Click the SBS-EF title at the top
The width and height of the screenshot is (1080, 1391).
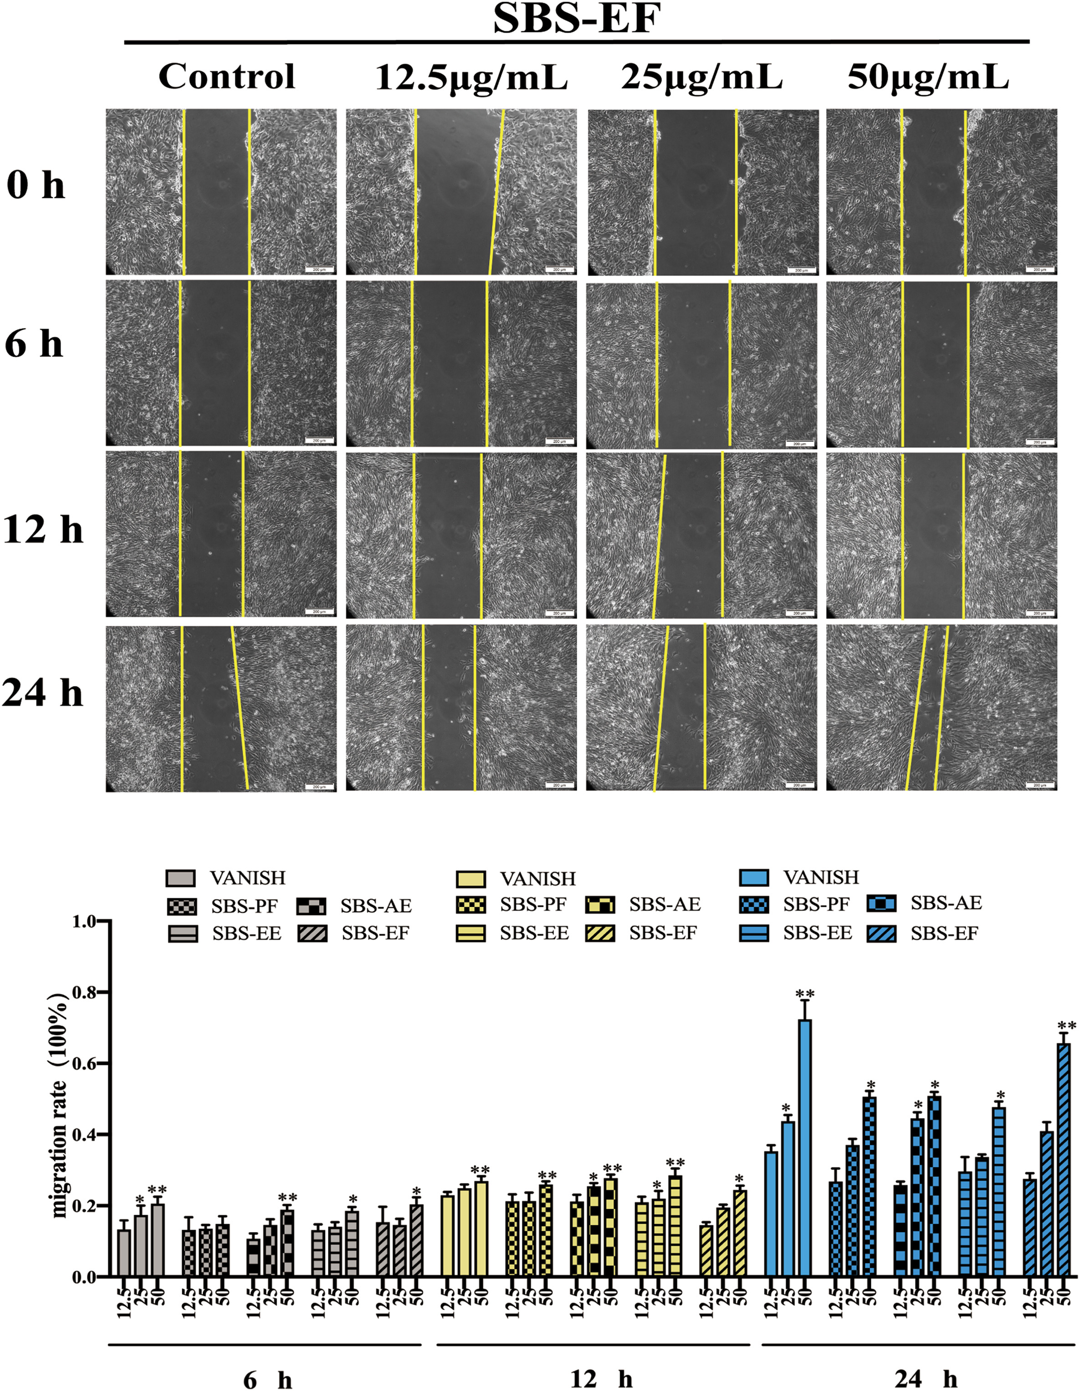click(x=577, y=19)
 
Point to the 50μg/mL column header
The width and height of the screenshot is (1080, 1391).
click(x=928, y=78)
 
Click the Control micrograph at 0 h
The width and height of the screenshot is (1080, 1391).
click(x=221, y=192)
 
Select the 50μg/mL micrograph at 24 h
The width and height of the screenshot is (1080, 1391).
click(x=941, y=708)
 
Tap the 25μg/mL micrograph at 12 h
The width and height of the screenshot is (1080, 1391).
click(x=701, y=535)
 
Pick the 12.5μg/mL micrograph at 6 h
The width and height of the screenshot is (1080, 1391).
click(x=461, y=363)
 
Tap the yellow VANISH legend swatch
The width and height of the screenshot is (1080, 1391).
click(x=471, y=880)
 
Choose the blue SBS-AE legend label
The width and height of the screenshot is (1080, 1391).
click(x=946, y=903)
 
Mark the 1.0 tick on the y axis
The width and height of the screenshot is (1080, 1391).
click(x=86, y=921)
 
